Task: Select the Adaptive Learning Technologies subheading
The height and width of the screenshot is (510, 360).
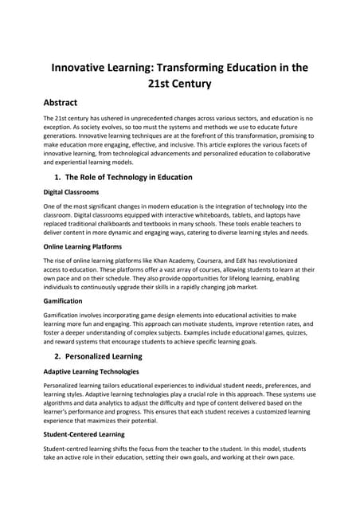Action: pos(96,371)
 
